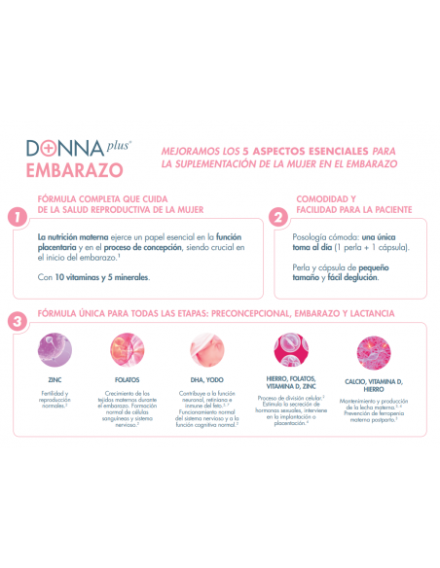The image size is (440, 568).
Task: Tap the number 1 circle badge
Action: pos(15,218)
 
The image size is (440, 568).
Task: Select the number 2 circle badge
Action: pos(277,218)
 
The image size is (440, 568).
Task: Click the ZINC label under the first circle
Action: pos(54,379)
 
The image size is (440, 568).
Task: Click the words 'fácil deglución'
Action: pos(349,276)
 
